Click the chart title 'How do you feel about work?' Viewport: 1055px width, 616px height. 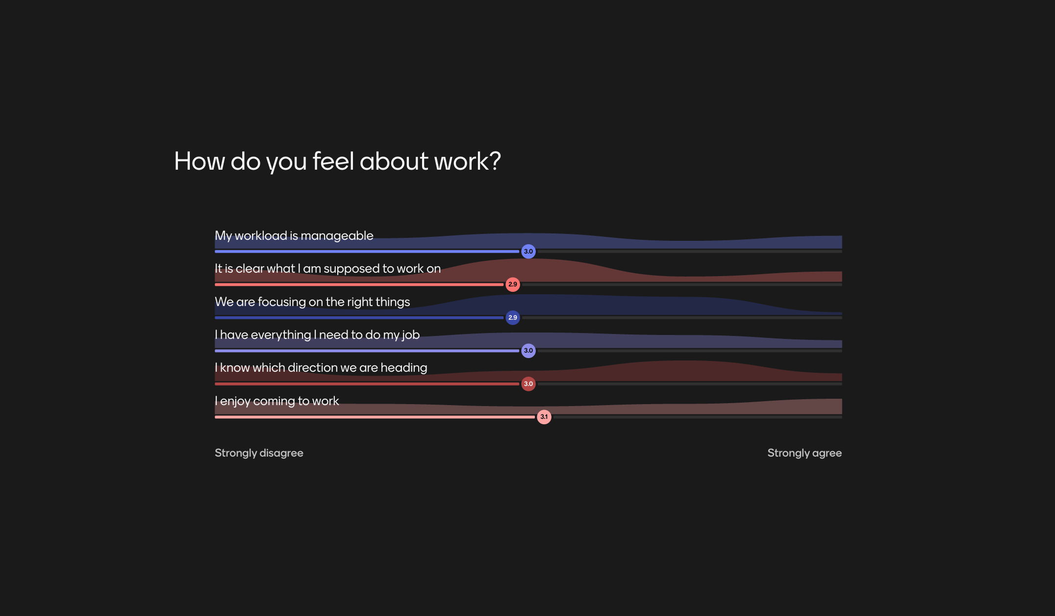(x=337, y=161)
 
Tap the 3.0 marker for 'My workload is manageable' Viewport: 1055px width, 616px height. (x=528, y=252)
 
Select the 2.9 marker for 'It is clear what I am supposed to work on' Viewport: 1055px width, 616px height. (x=512, y=284)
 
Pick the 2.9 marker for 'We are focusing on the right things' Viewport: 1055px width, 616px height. (x=512, y=318)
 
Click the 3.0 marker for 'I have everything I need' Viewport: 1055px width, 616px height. (x=528, y=351)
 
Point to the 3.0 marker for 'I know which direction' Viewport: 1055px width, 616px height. (x=528, y=384)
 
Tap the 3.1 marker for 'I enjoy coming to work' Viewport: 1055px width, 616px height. (x=544, y=417)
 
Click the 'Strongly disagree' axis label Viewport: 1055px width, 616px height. (x=259, y=453)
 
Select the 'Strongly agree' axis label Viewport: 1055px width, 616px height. (x=804, y=453)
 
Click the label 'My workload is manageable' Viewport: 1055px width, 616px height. (x=294, y=236)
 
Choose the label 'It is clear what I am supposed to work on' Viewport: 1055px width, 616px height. (x=327, y=269)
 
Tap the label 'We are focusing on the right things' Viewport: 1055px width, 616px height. (x=312, y=302)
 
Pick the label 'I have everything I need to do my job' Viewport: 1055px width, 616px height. (x=317, y=335)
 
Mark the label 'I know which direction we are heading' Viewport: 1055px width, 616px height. (x=321, y=368)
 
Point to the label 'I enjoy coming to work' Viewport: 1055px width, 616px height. (x=276, y=401)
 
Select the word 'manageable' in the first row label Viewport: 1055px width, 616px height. (x=337, y=236)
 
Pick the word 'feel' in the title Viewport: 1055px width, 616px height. (x=333, y=161)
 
